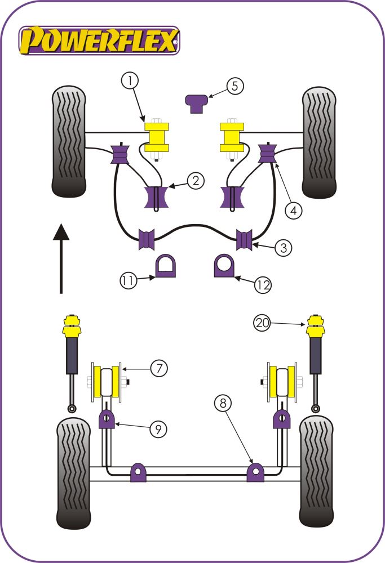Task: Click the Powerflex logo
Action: coord(99,41)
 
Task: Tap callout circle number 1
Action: coord(130,82)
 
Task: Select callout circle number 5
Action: coord(236,86)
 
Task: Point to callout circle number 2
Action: coord(194,181)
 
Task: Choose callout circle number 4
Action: coord(293,211)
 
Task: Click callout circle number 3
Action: coord(284,247)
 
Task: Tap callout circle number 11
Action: coord(128,280)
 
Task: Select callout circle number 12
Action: coord(262,285)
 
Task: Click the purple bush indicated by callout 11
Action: coord(165,266)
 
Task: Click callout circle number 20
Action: coord(262,323)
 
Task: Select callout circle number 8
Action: coord(223,403)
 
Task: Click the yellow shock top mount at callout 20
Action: coord(315,327)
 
